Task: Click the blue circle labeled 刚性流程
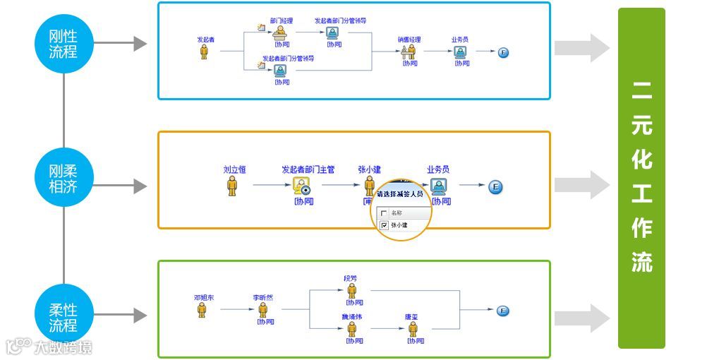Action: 64,44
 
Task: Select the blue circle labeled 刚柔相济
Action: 64,177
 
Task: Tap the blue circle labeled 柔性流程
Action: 64,318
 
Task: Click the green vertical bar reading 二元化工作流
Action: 641,178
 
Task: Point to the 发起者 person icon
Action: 205,52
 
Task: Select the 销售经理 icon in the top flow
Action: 409,52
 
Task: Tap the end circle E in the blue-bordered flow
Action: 503,52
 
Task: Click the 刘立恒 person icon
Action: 232,186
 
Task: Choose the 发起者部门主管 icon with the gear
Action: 303,186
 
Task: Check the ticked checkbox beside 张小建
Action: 384,225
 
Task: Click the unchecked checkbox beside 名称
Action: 384,212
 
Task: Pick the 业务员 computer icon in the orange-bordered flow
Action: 438,186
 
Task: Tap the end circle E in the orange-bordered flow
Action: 495,186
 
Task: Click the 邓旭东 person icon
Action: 202,310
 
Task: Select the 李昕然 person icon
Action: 263,310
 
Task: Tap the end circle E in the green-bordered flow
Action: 503,311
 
